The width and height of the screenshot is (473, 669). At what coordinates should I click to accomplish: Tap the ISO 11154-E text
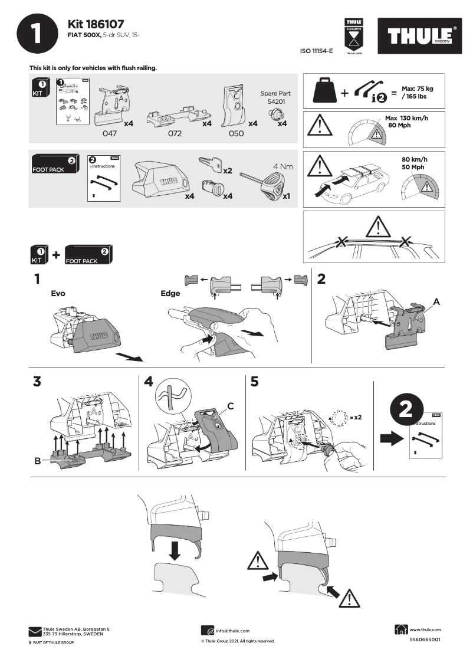[317, 51]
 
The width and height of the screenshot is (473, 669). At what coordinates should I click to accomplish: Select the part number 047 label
[110, 133]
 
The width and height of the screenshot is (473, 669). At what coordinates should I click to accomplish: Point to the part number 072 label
[175, 133]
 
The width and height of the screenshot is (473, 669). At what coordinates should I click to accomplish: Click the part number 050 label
[236, 133]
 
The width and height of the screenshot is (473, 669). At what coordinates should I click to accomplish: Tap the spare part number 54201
[275, 101]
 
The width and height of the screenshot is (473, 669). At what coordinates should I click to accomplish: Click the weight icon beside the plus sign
[326, 91]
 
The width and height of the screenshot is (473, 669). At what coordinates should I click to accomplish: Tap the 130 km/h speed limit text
[413, 118]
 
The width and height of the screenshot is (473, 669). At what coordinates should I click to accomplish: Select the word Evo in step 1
[58, 293]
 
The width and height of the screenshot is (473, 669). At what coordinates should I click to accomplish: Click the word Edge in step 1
[170, 293]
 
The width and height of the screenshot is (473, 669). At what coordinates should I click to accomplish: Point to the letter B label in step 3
[38, 461]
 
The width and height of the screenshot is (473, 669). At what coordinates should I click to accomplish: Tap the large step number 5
[254, 382]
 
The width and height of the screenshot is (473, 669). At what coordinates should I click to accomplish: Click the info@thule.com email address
[232, 631]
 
